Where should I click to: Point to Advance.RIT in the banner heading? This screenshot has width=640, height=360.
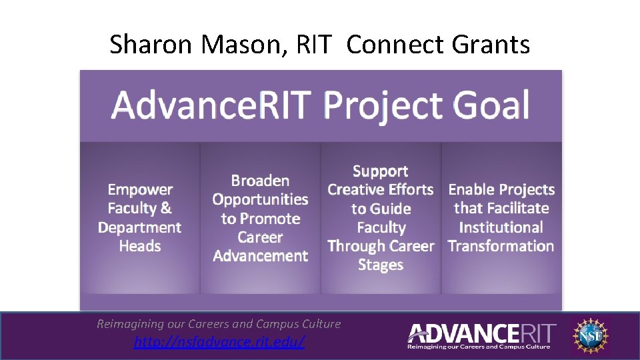coord(211,105)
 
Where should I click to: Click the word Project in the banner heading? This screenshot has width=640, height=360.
coord(382,105)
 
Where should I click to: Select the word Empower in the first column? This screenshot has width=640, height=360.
coord(140,190)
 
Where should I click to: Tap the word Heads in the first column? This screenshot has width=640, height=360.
coord(140,246)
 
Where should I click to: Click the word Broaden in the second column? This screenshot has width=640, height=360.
coord(260,181)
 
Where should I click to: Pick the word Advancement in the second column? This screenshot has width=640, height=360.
coord(260,256)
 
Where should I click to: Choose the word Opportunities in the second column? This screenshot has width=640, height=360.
coord(260,199)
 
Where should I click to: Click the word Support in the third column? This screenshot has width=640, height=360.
coord(380,171)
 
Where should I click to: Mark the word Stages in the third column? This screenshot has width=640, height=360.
coord(380,265)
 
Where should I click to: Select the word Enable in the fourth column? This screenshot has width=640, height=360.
coord(471,190)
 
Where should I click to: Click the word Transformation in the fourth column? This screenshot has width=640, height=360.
coord(501,246)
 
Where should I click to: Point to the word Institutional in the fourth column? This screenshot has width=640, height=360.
coord(501,227)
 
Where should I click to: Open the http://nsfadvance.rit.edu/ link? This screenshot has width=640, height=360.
coord(219,342)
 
